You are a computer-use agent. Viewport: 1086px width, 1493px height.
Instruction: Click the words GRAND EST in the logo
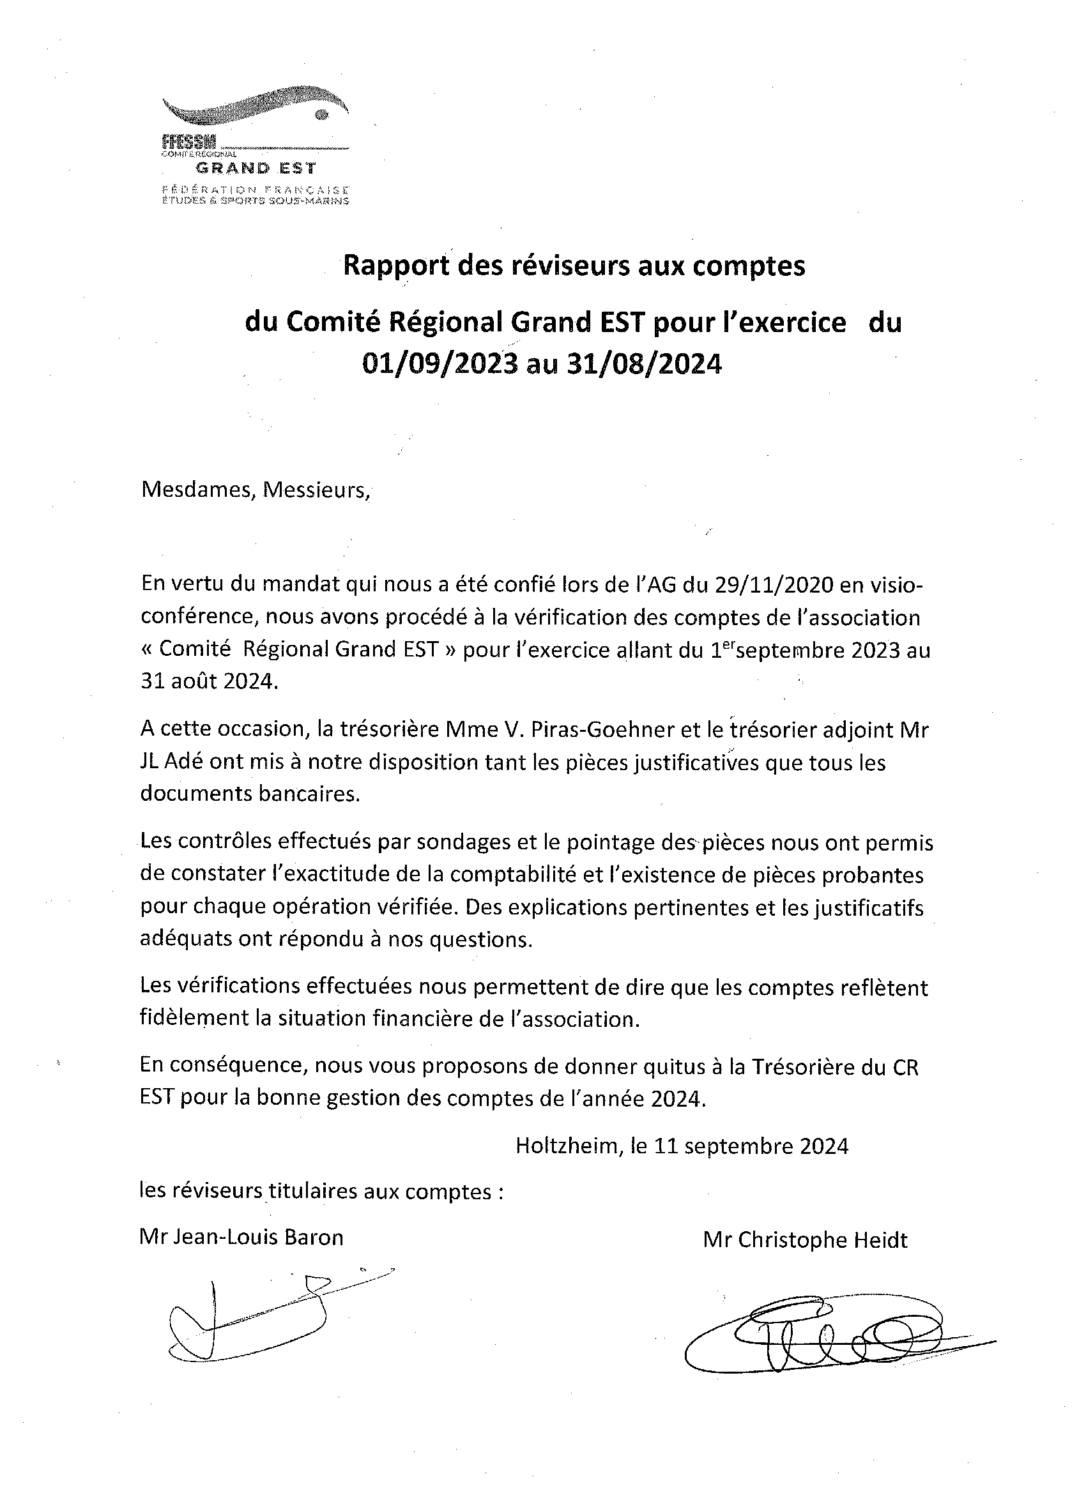(256, 168)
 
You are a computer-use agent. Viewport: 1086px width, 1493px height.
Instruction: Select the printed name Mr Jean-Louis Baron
(241, 1238)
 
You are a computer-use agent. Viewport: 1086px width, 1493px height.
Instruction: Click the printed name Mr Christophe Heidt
(805, 1240)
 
